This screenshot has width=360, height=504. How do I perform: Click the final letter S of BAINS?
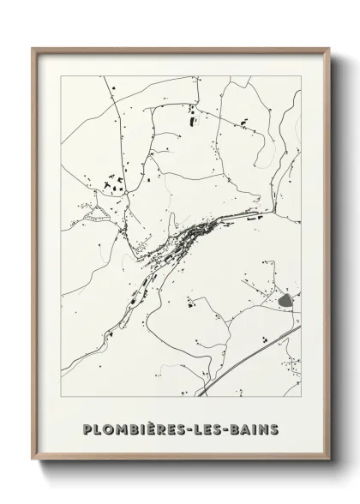pos(274,428)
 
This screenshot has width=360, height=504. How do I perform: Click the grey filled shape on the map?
pos(285,300)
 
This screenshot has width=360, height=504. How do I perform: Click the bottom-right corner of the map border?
pos(301,397)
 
